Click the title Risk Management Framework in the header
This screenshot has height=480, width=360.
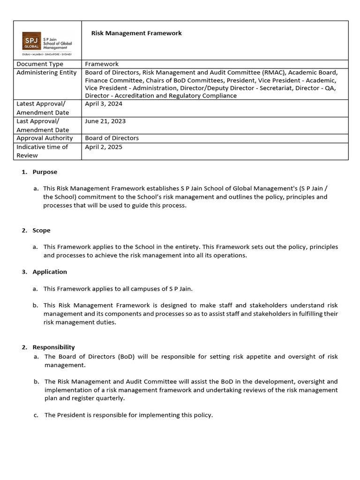tap(136, 33)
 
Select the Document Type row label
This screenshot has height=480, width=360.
tap(40, 64)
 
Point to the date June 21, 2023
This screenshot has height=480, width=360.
tap(105, 121)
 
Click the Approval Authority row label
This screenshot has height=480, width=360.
tap(45, 138)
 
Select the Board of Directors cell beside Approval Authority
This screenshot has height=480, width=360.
tap(112, 138)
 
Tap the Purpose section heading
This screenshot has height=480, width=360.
tap(45, 172)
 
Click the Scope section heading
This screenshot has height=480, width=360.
tap(41, 231)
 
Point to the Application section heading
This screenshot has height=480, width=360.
tap(50, 272)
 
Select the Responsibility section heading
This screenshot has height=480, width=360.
tap(53, 347)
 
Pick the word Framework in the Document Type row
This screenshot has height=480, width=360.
tap(102, 64)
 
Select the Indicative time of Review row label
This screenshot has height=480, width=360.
tap(42, 151)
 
